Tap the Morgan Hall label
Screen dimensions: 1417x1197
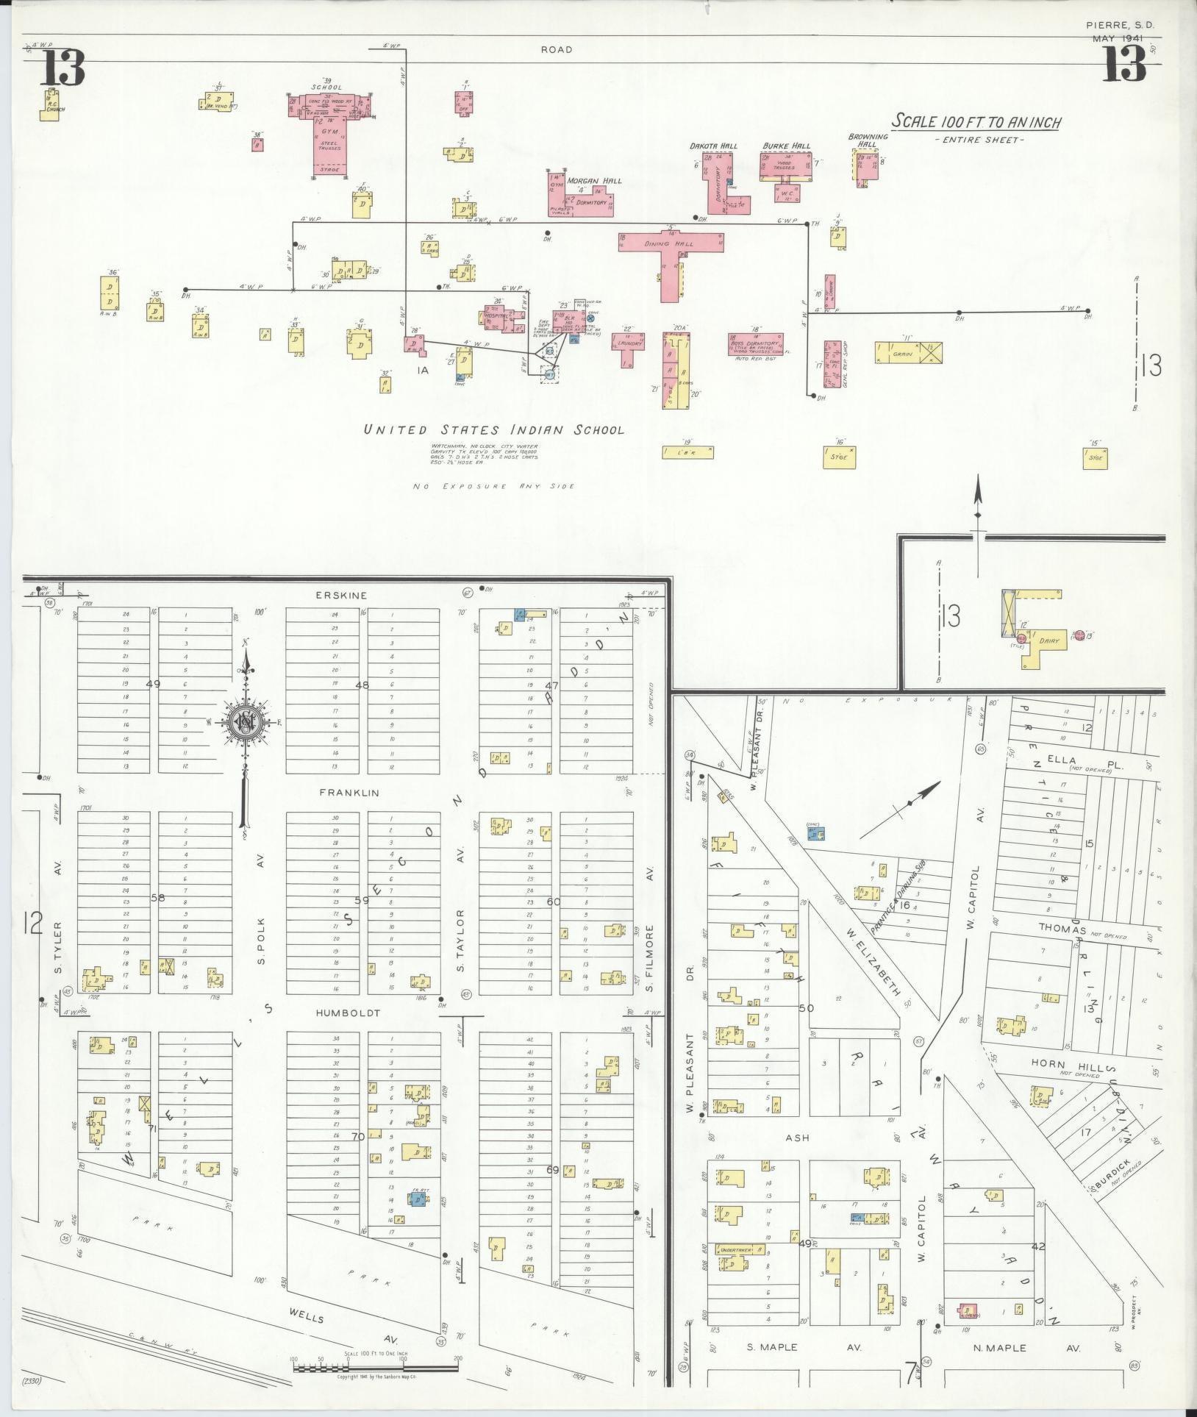[x=594, y=181]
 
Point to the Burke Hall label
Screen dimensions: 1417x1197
[x=786, y=146]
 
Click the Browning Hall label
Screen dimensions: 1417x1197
[x=868, y=140]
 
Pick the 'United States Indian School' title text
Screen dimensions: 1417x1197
[x=494, y=430]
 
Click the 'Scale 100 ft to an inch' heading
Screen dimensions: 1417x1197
[x=976, y=122]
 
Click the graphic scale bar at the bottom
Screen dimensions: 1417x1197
[x=375, y=1366]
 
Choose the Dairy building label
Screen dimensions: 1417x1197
[x=1048, y=641]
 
